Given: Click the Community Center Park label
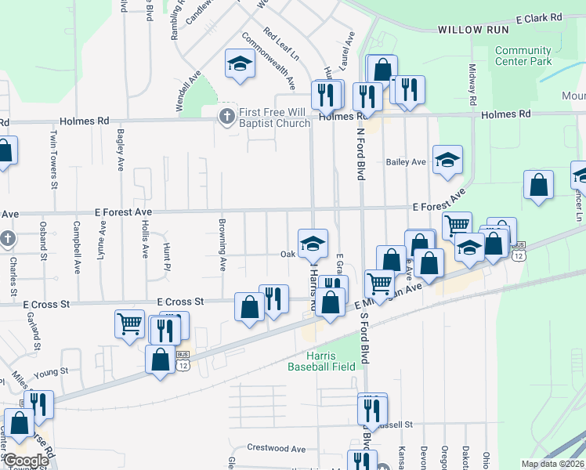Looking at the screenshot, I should pos(523,56).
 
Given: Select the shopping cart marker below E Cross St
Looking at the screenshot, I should pos(129,324).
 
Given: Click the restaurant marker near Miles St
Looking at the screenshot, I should pos(38,405).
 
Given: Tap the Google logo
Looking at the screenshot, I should pos(25,461).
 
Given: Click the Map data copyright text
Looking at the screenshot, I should pos(552,464).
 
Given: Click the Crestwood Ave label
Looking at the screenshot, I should pos(276,449).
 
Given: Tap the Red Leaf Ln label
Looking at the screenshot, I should pos(281,45).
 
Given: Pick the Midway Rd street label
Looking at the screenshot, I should pos(472,81).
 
